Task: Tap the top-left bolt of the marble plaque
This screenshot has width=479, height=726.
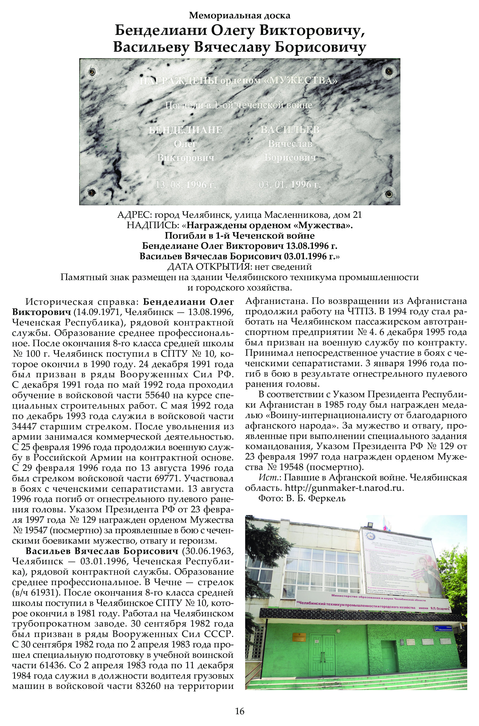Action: pyautogui.click(x=91, y=72)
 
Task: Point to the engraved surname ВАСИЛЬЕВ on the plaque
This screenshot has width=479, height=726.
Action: pyautogui.click(x=290, y=130)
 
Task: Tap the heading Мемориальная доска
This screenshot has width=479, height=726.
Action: pyautogui.click(x=239, y=15)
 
